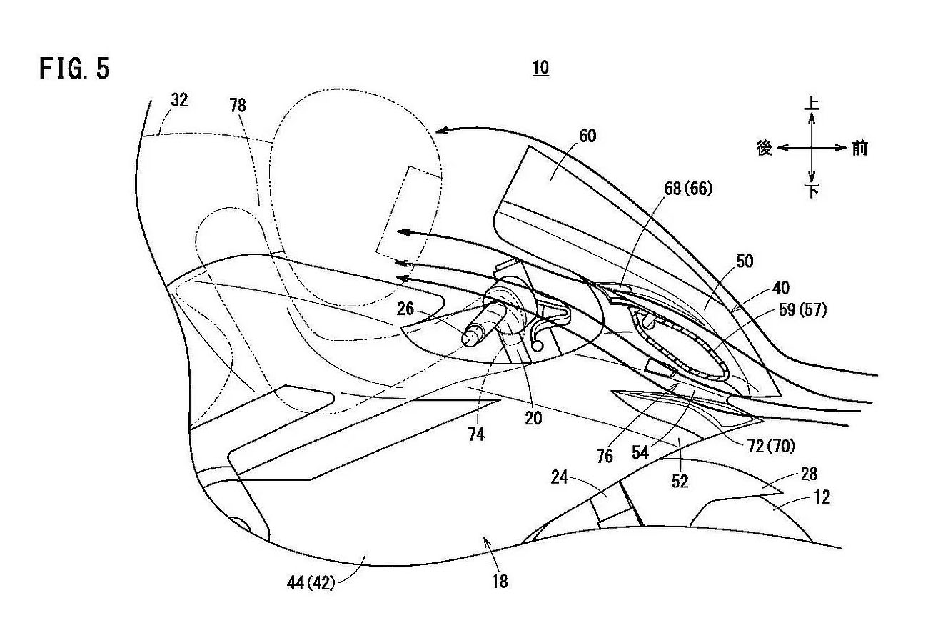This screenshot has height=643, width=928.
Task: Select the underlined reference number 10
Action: click(540, 68)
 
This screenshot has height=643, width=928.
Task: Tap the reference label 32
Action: click(179, 101)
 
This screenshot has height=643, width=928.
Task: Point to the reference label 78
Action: click(238, 105)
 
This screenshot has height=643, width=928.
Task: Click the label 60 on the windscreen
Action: click(588, 136)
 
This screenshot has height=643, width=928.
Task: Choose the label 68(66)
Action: click(687, 189)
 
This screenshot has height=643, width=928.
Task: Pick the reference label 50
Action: click(745, 261)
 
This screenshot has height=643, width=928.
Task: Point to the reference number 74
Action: click(477, 433)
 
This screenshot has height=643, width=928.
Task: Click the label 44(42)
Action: click(312, 582)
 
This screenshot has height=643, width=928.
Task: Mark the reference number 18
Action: click(500, 582)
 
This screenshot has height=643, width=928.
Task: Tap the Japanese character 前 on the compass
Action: click(859, 148)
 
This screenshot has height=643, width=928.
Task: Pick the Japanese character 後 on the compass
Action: click(764, 148)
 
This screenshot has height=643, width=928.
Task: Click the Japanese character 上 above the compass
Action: click(812, 104)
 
